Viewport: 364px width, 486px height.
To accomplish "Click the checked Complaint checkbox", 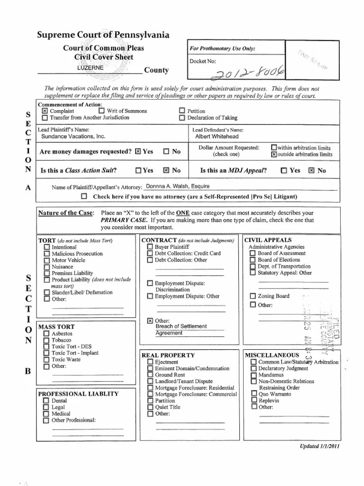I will pyautogui.click(x=45, y=111).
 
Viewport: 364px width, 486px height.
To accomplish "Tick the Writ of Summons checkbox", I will pyautogui.click(x=101, y=111).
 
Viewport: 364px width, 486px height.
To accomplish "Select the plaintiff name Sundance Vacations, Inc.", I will pyautogui.click(x=73, y=136).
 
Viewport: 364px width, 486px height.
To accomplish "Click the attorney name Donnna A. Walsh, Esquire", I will pyautogui.click(x=178, y=187).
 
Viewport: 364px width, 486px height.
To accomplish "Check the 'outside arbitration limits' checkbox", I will pyautogui.click(x=274, y=154).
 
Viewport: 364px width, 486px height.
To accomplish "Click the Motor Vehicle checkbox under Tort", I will pyautogui.click(x=46, y=260).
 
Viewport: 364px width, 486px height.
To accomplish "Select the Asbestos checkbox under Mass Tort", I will pyautogui.click(x=46, y=334).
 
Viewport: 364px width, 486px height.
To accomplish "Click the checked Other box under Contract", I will pyautogui.click(x=150, y=321).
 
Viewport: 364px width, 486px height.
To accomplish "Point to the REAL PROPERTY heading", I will pyautogui.click(x=168, y=355).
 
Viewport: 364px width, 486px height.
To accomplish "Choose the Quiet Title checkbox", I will pyautogui.click(x=150, y=407).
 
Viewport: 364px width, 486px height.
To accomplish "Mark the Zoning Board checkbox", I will pyautogui.click(x=253, y=296).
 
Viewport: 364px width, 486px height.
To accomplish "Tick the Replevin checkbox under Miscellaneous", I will pyautogui.click(x=254, y=400).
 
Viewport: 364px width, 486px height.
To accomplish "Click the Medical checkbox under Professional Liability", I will pyautogui.click(x=46, y=414).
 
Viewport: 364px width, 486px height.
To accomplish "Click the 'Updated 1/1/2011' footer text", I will pyautogui.click(x=320, y=446).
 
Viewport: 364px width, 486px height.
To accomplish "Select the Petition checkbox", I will pyautogui.click(x=182, y=111).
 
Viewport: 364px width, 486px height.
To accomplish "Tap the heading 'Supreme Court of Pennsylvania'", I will pyautogui.click(x=103, y=35).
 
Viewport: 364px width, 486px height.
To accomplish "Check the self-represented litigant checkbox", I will pyautogui.click(x=84, y=196).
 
